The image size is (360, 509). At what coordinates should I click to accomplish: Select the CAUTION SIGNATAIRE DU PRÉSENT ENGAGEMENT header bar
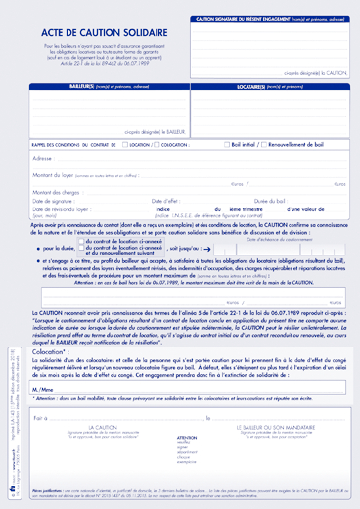tap(270, 19)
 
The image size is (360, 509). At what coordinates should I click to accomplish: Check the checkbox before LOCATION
tap(127, 144)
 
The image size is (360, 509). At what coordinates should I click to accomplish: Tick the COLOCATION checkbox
tap(193, 144)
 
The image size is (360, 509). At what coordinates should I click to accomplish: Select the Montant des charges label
tap(56, 192)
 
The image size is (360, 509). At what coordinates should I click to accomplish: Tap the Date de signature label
tap(53, 201)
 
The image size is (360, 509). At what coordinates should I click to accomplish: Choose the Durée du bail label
tap(259, 201)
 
